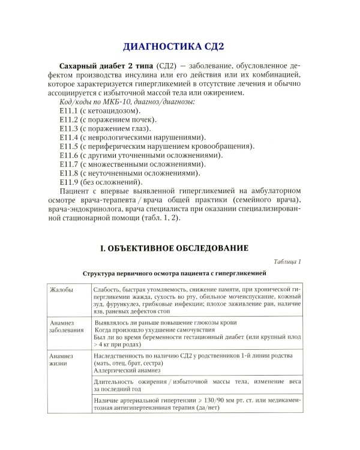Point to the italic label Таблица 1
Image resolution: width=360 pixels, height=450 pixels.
click(287, 262)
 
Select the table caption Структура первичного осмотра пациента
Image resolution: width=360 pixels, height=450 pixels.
click(173, 273)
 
